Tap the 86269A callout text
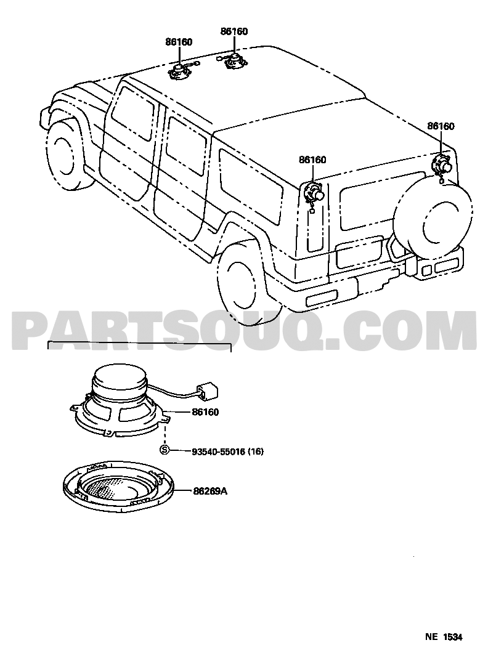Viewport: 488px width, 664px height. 210,492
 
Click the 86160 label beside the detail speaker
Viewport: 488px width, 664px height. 205,411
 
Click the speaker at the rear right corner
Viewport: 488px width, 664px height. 441,164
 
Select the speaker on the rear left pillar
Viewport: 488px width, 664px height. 314,193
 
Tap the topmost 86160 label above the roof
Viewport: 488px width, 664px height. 234,31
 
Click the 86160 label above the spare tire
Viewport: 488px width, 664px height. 441,126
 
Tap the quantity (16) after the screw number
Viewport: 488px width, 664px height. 256,451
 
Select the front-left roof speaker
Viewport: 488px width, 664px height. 180,71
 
